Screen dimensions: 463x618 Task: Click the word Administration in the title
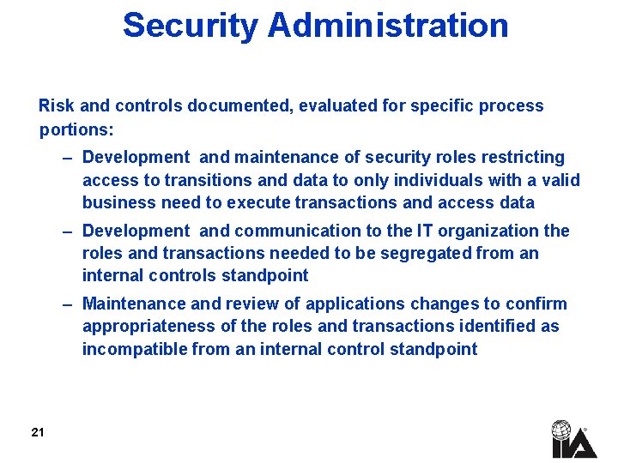[x=388, y=26]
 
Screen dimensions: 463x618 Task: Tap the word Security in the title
[x=190, y=26]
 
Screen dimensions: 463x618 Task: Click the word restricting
[x=524, y=157]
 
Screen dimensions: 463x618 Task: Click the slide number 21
[x=37, y=432]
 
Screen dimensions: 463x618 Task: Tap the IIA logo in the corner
[x=573, y=439]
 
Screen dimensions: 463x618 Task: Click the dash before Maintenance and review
[x=68, y=304]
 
